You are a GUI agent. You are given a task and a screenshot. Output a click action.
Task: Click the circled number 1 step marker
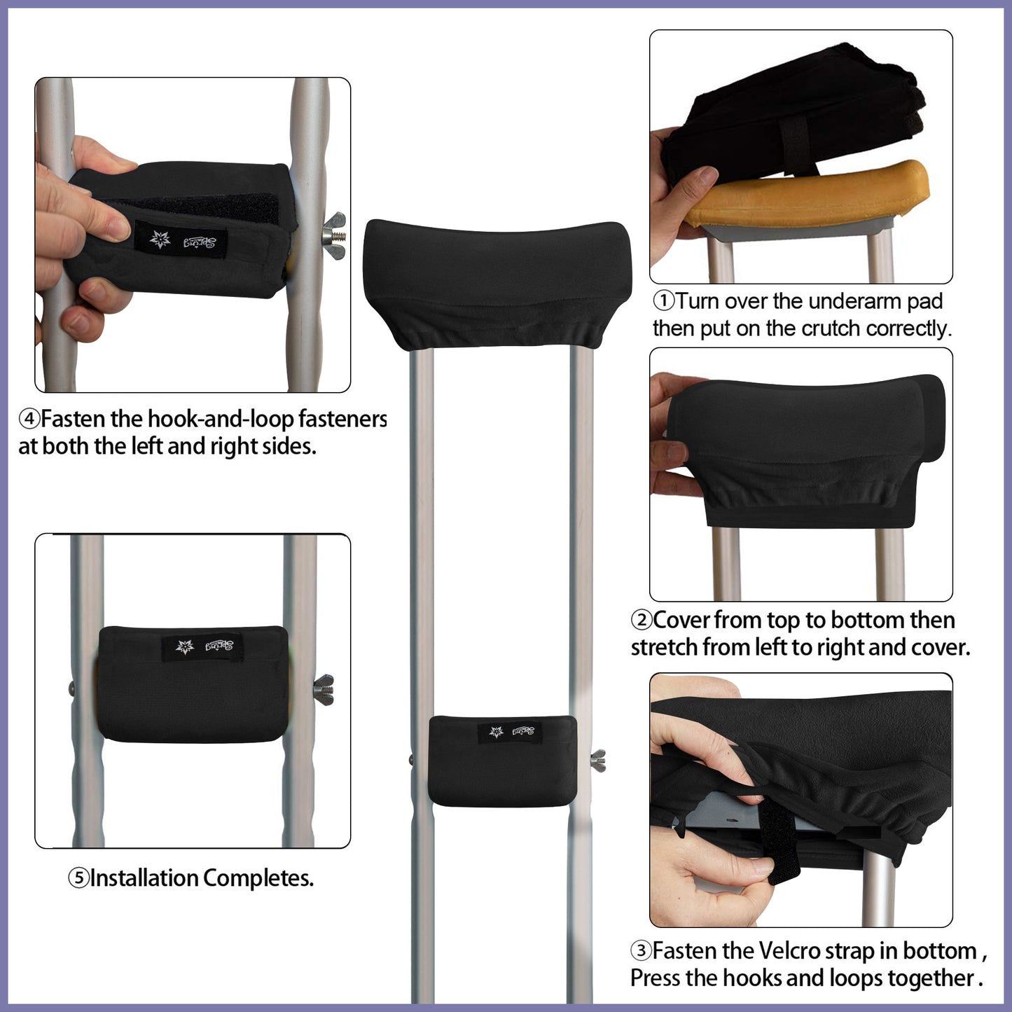(663, 301)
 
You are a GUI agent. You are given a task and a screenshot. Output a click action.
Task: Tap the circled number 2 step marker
(641, 620)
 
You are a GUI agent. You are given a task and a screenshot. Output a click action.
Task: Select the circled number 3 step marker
(641, 951)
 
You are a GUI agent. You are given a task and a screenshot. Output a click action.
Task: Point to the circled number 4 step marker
(29, 420)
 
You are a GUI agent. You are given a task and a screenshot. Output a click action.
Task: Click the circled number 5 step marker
(78, 878)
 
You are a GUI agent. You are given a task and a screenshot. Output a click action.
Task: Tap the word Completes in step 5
(258, 878)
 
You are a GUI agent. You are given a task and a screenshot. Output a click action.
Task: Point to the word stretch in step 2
(664, 647)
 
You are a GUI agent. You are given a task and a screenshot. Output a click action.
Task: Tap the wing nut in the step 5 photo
(324, 689)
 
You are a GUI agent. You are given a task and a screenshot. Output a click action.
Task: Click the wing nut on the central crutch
(597, 760)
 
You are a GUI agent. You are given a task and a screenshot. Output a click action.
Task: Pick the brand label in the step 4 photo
(181, 240)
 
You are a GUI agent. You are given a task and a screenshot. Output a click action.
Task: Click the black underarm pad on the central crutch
(496, 284)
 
